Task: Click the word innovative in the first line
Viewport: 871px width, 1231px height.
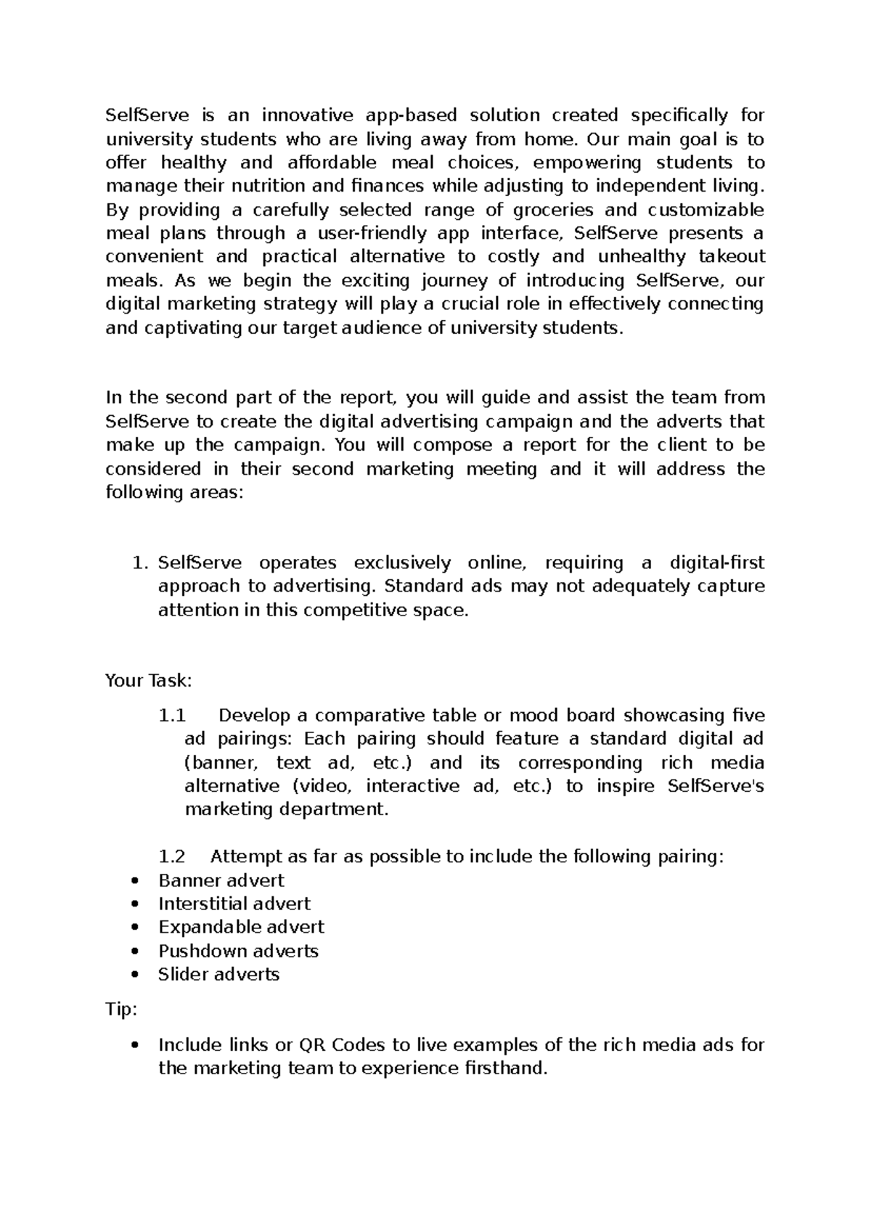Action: tap(307, 115)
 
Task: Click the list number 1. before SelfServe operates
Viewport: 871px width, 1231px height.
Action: tap(141, 563)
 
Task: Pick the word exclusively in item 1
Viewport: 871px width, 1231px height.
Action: tap(401, 563)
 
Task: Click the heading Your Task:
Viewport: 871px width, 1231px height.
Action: tap(148, 681)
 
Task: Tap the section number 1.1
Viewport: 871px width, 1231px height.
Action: tap(172, 716)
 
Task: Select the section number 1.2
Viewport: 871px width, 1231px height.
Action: tap(172, 857)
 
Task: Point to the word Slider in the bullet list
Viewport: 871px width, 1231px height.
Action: tap(181, 975)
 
